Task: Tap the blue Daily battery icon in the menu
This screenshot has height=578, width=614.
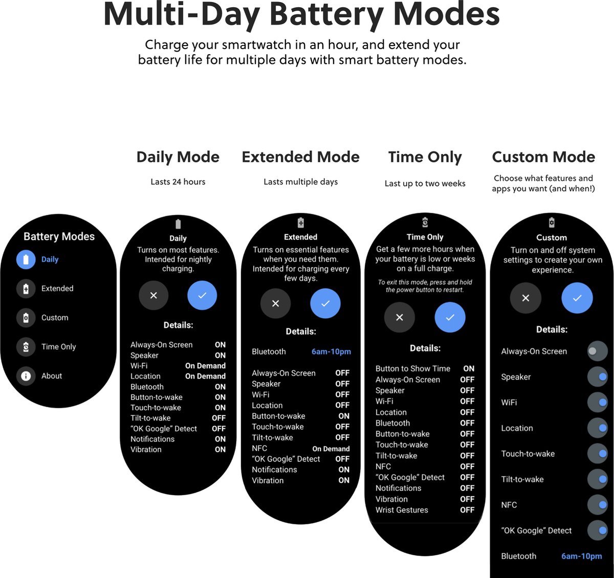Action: click(26, 259)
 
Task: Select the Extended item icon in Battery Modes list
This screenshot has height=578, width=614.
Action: click(26, 288)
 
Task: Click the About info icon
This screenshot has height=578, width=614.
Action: click(26, 376)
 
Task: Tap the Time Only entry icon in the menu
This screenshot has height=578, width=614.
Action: click(26, 347)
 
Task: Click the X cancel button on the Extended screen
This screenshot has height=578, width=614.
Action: click(275, 303)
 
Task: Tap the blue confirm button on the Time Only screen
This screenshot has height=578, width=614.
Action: click(450, 317)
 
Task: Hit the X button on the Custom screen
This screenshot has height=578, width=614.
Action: click(525, 298)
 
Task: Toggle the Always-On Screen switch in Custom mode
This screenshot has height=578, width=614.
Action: click(597, 351)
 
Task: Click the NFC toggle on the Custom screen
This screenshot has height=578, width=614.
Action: click(597, 505)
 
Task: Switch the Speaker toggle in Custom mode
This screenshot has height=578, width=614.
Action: click(597, 377)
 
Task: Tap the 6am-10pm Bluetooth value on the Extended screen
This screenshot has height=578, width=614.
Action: click(331, 352)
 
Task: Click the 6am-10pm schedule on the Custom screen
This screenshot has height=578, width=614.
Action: click(582, 556)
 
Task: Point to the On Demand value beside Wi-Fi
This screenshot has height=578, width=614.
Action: click(205, 366)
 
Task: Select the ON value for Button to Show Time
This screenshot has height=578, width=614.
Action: click(469, 368)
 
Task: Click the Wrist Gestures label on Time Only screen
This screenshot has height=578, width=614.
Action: click(402, 510)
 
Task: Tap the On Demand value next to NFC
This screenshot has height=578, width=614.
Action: click(331, 449)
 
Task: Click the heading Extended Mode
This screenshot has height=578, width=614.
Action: click(300, 157)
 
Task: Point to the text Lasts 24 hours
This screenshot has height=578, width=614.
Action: click(178, 182)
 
